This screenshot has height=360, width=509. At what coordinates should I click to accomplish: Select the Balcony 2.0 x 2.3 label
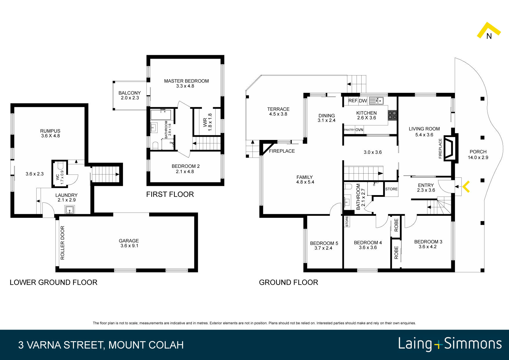coord(129,95)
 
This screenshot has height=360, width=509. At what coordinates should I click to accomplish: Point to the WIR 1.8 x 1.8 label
coord(207,122)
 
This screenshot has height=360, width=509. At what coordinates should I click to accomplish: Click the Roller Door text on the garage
coord(62,243)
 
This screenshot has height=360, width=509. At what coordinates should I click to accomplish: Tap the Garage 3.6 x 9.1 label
coord(129,243)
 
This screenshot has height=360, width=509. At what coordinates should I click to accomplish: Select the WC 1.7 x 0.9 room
coord(60,174)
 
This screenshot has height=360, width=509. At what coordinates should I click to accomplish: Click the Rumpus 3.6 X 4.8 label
coord(50,133)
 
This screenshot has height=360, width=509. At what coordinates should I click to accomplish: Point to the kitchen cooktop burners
coord(392,115)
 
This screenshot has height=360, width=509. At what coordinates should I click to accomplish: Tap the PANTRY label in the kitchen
coord(349,130)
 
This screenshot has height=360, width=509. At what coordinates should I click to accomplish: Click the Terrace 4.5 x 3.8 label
coord(278,111)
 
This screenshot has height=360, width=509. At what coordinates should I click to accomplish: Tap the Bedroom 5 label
coord(324,246)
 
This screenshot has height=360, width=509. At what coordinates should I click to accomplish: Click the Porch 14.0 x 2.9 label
coord(478,154)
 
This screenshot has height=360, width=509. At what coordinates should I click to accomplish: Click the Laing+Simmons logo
coord(450,344)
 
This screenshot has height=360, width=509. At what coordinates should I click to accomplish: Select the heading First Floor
coord(170,195)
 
